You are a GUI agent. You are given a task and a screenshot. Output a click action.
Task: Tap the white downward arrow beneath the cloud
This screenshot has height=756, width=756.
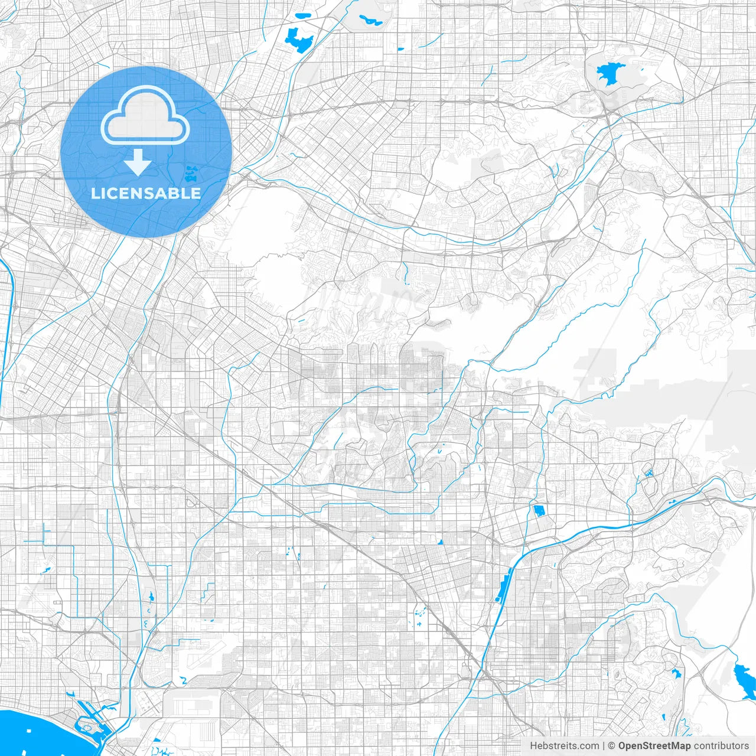[138, 162]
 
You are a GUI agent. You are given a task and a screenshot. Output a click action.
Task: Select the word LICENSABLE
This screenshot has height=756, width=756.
[146, 193]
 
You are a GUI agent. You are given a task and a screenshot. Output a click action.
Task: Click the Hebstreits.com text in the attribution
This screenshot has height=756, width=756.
[564, 746]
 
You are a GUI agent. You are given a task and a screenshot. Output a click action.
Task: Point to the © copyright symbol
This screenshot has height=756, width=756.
[612, 746]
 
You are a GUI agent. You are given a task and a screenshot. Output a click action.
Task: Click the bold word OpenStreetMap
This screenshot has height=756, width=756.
[654, 746]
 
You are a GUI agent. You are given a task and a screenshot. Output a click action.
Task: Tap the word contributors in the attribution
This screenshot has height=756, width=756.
[721, 746]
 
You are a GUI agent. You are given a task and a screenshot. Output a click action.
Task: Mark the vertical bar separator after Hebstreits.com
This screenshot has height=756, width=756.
[604, 746]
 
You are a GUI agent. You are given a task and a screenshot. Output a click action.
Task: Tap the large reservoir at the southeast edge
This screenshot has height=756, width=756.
[741, 674]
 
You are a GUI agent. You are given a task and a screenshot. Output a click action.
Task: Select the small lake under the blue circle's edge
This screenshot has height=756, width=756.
[191, 174]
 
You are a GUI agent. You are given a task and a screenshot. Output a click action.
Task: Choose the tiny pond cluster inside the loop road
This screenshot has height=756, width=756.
[649, 472]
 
